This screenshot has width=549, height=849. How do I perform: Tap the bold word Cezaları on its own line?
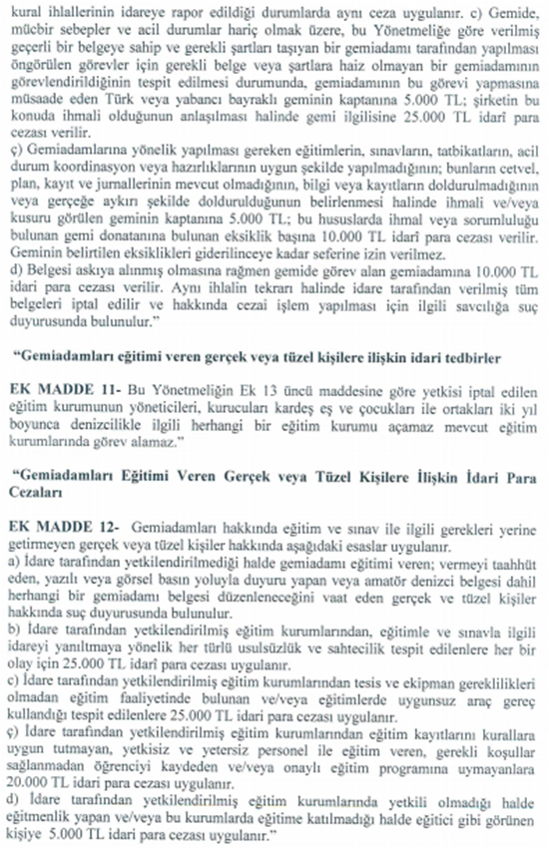tap(37, 491)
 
